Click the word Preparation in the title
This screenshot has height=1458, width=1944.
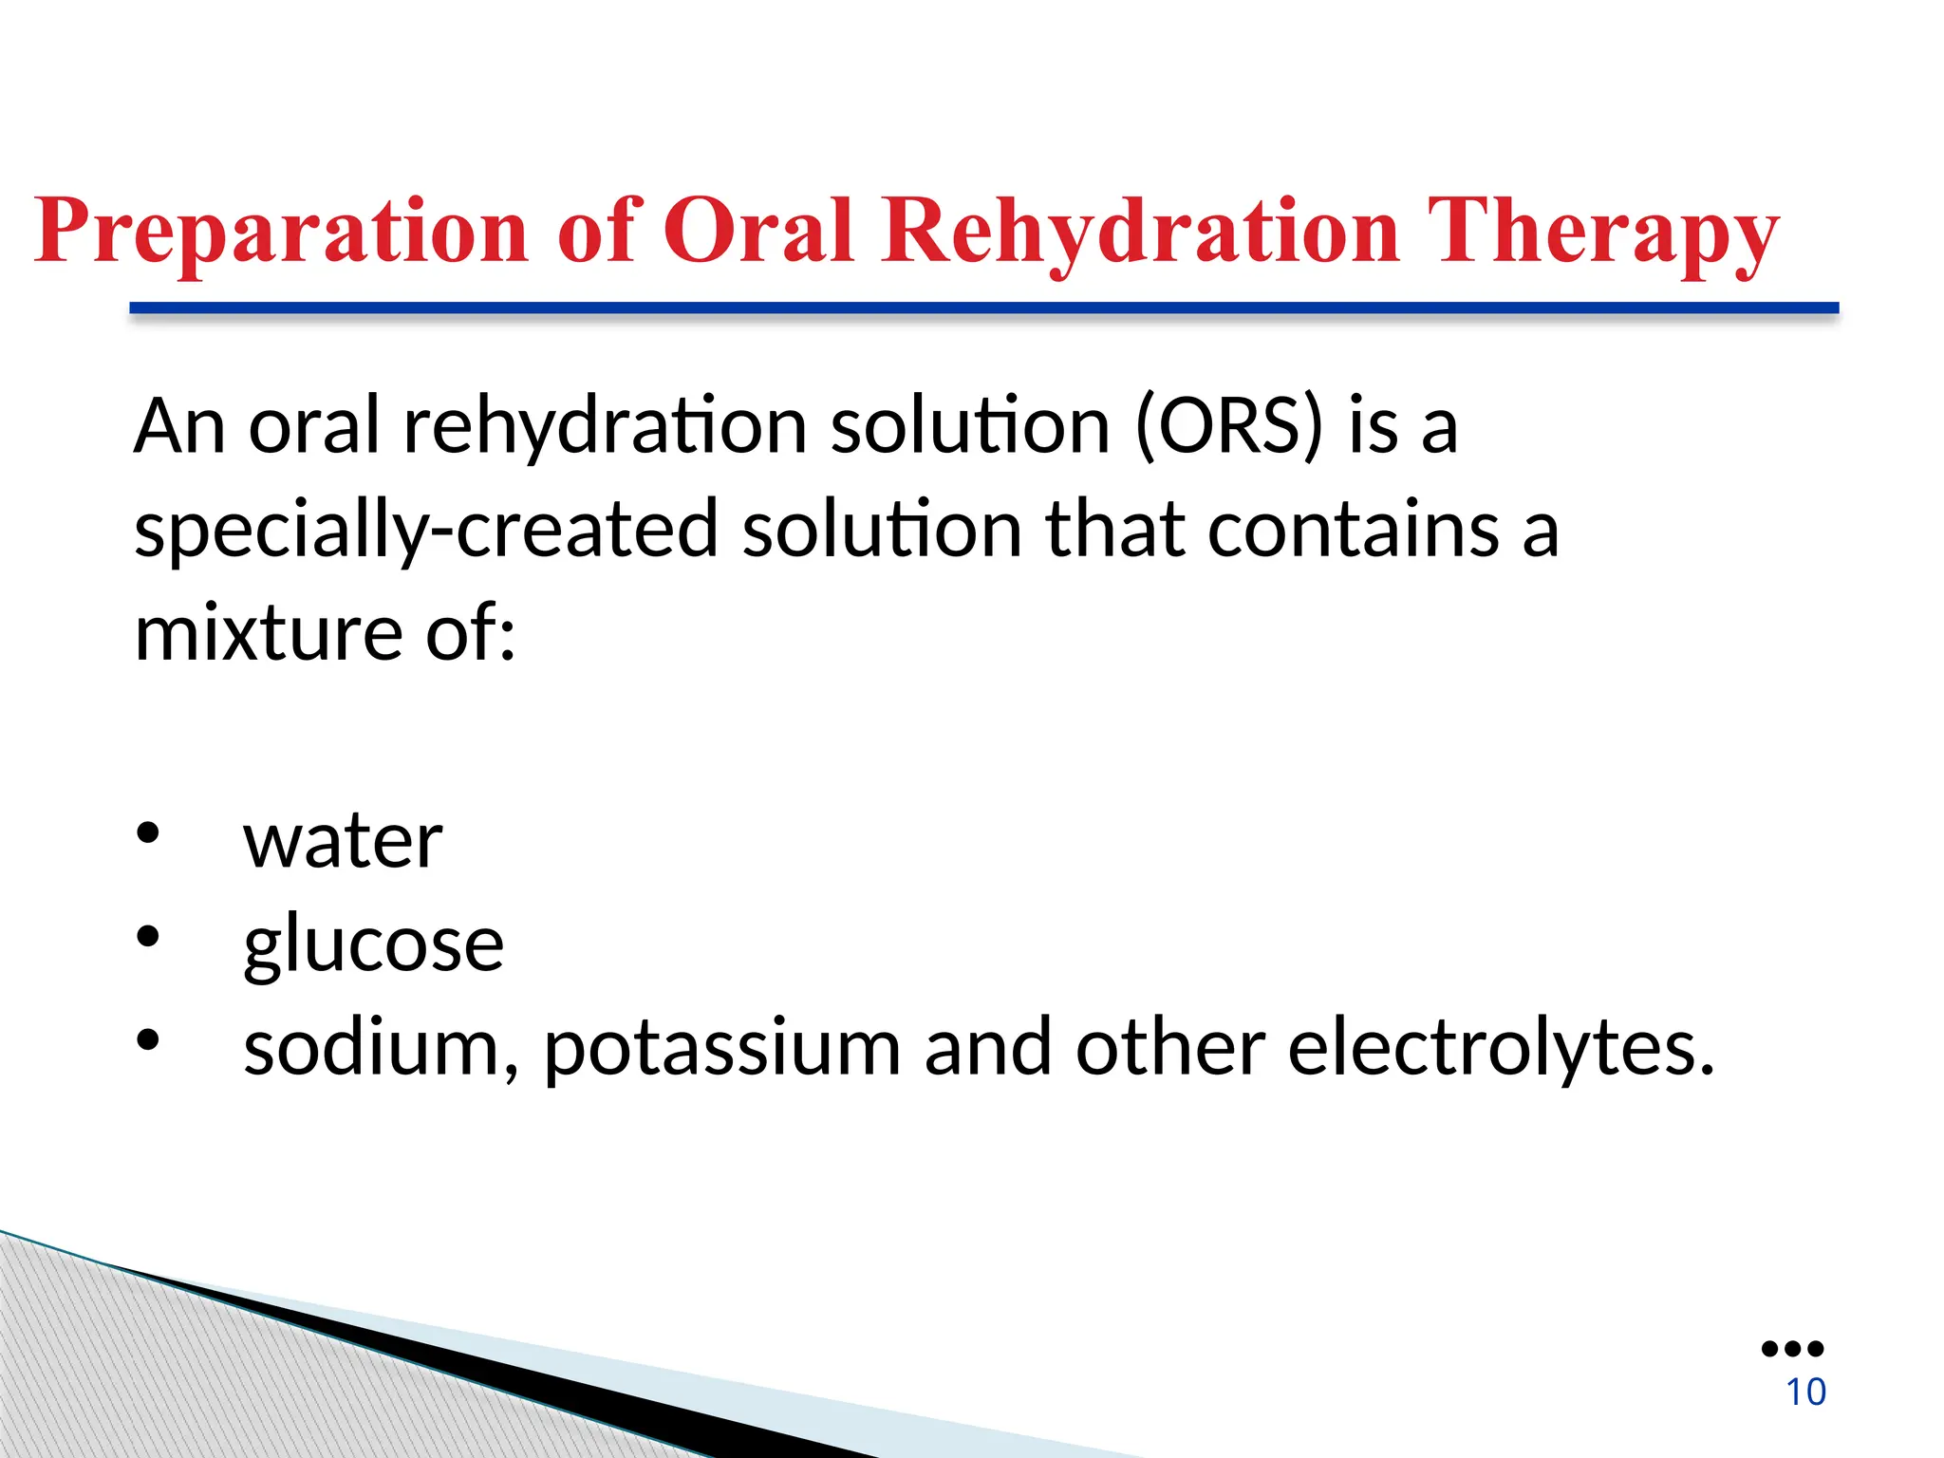click(x=281, y=232)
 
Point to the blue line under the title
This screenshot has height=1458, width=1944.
click(x=983, y=308)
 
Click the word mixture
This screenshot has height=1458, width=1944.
click(x=268, y=633)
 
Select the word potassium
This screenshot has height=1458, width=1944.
click(x=721, y=1050)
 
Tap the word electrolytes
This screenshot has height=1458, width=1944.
click(x=1500, y=1048)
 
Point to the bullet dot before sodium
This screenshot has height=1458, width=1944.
click(x=147, y=1040)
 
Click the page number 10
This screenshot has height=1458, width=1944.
click(x=1805, y=1392)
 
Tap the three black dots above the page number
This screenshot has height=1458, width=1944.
click(x=1792, y=1349)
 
